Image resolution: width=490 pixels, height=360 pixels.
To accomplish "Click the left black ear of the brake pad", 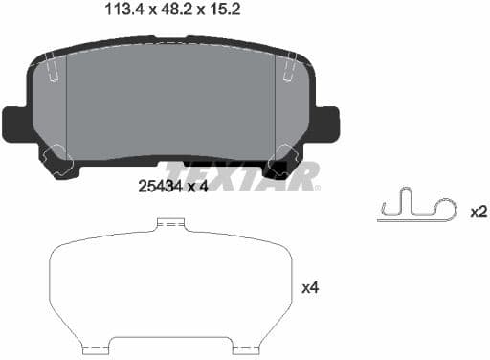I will pos(16,122).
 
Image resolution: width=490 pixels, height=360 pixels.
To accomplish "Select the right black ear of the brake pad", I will pos(326,122).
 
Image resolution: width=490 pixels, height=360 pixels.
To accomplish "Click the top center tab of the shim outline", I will pos(170,225).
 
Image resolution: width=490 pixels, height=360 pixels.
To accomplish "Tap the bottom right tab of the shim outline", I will pos(245,346).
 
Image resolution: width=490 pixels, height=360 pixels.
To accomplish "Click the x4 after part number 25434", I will pos(197,186).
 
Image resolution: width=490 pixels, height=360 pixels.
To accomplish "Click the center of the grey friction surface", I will pos(170,105).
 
